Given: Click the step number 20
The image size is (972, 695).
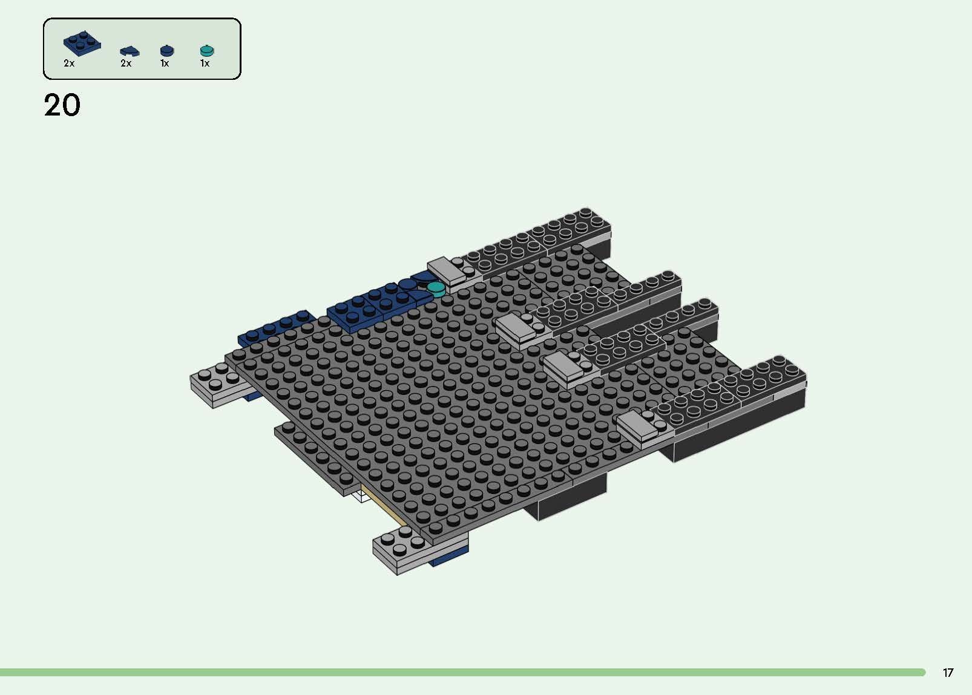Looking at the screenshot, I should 62,105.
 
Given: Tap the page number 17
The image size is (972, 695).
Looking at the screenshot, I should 948,673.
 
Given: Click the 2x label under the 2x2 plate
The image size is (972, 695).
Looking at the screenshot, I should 69,63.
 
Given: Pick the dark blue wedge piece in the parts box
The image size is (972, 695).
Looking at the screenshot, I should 129,51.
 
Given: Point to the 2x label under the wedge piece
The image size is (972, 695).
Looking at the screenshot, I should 126,63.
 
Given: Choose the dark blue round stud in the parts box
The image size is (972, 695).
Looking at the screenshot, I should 166,51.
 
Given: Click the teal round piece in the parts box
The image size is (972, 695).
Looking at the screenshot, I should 207,50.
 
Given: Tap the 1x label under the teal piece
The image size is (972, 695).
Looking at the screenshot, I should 205,63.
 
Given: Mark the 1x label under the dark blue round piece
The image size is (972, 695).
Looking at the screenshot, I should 165,63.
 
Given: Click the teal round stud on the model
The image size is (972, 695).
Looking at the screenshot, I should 436,288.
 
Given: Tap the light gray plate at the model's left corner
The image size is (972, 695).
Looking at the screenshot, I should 215,384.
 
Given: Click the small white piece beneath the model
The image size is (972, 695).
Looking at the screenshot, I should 361,496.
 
